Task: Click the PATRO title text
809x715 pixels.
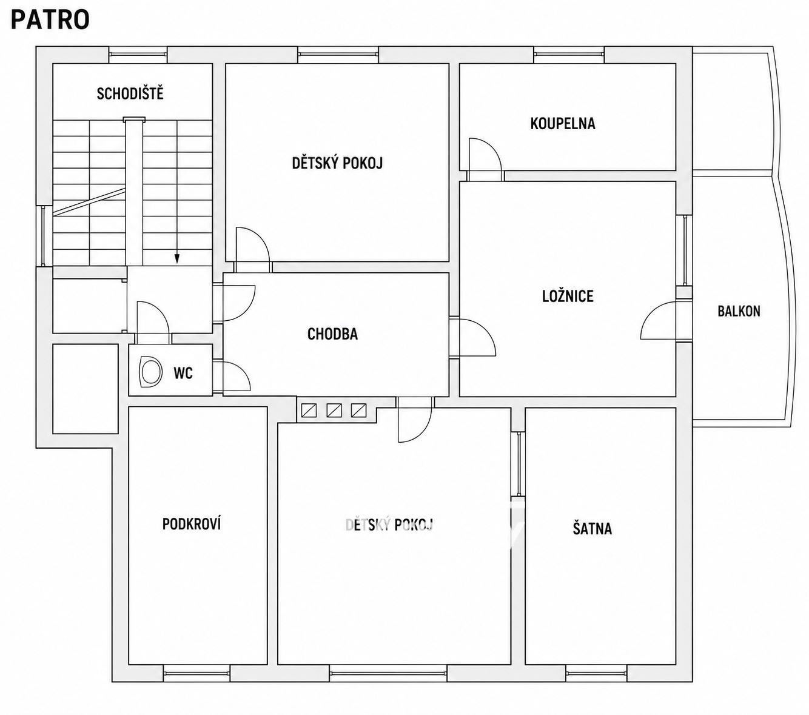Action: point(50,20)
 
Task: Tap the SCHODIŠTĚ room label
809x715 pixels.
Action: point(130,93)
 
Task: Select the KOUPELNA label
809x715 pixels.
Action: point(563,124)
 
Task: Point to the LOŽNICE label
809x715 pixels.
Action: point(568,296)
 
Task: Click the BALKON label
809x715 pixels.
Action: point(739,311)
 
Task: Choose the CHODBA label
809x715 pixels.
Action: point(332,334)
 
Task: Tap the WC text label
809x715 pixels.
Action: point(183,373)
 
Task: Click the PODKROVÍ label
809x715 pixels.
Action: point(192,524)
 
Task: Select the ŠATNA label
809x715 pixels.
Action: point(592,528)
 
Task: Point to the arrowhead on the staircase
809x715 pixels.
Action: point(177,259)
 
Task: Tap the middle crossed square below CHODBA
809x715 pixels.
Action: point(334,410)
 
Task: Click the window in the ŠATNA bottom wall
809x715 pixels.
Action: point(596,674)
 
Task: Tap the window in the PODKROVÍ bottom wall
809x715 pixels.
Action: point(196,674)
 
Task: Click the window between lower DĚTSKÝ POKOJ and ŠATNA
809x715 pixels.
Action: point(519,465)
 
